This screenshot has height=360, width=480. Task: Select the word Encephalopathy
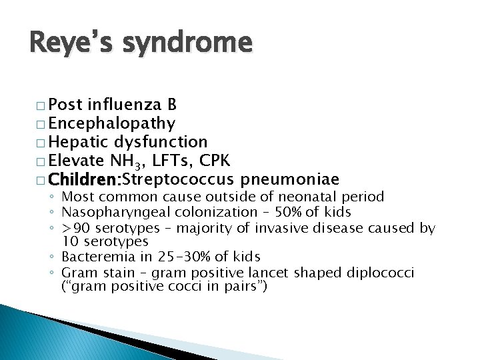pyautogui.click(x=112, y=123)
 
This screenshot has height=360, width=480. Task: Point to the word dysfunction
pyautogui.click(x=161, y=142)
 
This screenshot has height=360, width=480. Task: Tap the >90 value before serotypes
pyautogui.click(x=73, y=229)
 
